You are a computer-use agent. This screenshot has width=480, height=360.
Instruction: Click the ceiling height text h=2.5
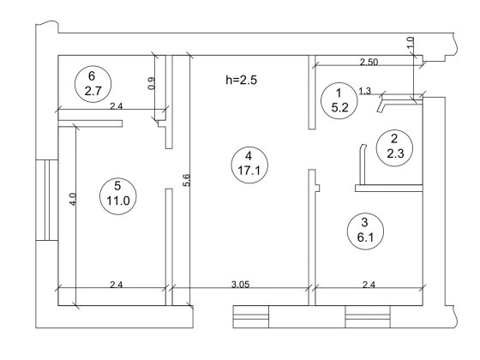pos(241,81)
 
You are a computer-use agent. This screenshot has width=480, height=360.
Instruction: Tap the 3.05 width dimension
pos(240,285)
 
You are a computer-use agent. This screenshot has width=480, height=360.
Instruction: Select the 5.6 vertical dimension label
pos(187,180)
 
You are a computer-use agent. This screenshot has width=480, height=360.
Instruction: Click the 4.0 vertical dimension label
pos(73,199)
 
